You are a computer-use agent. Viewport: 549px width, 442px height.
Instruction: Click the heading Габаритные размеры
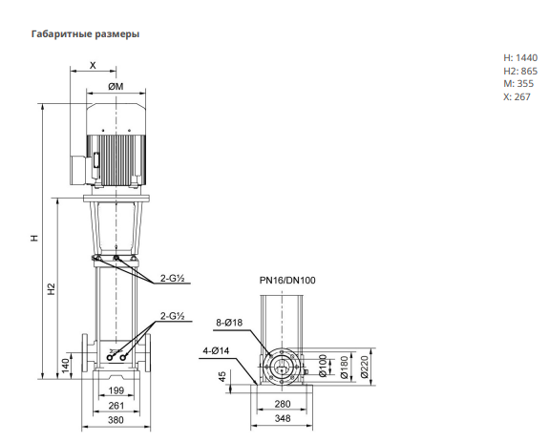point(85,34)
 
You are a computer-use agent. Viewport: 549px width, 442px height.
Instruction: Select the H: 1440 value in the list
point(520,57)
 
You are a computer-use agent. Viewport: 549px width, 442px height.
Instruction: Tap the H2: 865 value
point(520,71)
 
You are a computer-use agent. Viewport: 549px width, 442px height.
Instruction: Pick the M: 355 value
point(518,84)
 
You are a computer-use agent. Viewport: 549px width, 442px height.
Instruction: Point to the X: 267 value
point(517,97)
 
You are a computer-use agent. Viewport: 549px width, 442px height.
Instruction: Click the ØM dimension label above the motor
point(116,86)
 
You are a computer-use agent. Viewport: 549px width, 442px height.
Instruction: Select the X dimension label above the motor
point(93,65)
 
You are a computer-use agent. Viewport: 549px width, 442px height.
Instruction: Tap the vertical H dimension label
point(34,238)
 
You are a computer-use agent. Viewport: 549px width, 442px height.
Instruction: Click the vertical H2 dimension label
point(52,288)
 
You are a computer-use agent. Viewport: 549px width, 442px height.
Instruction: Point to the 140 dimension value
point(66,366)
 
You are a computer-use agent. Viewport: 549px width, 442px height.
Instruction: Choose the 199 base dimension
point(116,390)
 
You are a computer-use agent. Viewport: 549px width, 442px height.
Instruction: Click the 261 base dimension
point(116,406)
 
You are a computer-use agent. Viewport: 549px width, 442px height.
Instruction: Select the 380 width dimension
point(116,420)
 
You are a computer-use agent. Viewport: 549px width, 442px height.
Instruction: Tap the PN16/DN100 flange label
point(287,281)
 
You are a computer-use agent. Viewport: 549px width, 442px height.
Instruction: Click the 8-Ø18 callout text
point(229,323)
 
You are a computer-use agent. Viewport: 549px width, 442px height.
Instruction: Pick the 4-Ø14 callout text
point(217,350)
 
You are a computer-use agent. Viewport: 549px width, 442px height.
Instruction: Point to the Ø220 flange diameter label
point(364,367)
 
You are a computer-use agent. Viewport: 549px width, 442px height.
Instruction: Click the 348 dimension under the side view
point(283,418)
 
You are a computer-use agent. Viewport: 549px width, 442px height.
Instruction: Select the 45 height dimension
point(222,376)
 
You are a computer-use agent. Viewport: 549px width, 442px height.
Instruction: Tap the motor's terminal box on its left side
point(82,170)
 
